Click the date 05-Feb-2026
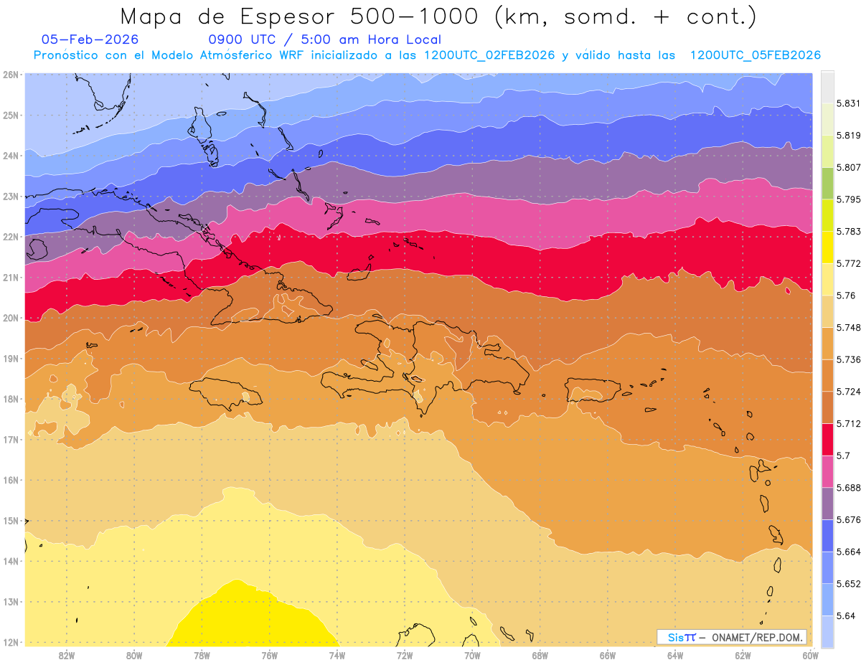pos(90,39)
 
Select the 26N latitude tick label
pos(11,75)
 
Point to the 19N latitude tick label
pos(11,359)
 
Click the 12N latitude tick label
pos(11,642)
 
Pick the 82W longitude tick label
pos(67,655)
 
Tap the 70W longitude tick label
pos(472,655)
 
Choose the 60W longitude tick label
pos(810,655)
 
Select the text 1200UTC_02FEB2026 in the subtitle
pos(489,55)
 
